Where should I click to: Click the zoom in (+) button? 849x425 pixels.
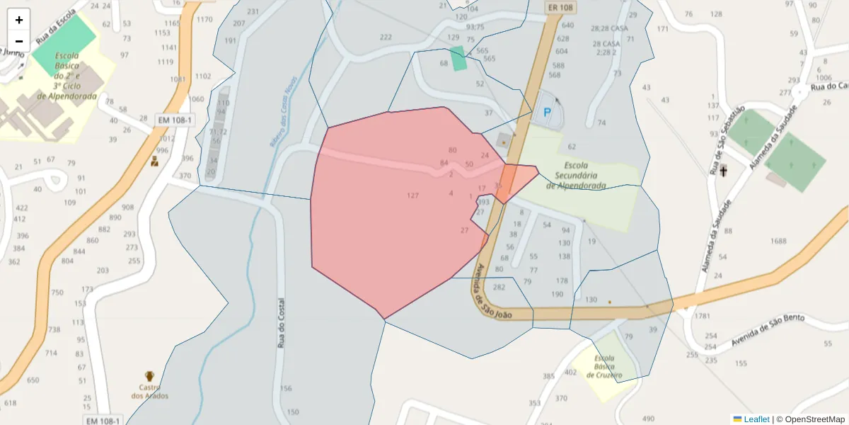(19, 20)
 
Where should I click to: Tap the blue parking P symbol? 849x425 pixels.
(546, 112)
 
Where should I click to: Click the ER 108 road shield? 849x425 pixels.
(560, 7)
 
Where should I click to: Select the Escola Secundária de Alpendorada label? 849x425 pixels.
(576, 175)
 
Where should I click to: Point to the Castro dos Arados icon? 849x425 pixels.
(149, 376)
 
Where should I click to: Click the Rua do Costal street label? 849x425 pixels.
(282, 322)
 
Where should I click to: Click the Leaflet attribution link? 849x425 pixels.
(756, 419)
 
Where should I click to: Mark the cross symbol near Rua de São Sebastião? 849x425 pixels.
(723, 171)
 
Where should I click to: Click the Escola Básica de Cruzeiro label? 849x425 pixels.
(604, 367)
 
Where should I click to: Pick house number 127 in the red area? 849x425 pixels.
(413, 195)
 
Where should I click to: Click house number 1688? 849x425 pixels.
(778, 242)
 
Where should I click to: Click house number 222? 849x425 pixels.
(386, 38)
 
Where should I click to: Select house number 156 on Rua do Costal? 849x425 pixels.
(286, 389)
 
